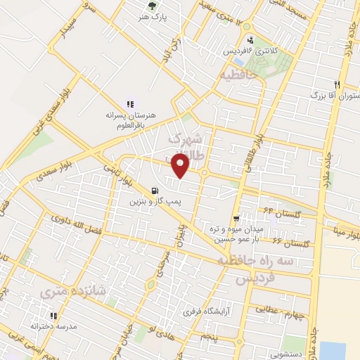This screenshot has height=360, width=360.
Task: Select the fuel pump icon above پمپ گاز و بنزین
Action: [x=155, y=191]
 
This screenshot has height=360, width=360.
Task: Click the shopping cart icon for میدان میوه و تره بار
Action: [x=236, y=218]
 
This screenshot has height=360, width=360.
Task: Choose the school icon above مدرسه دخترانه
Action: [x=52, y=316]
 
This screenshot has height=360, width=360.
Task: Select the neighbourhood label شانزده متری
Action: [x=65, y=290]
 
